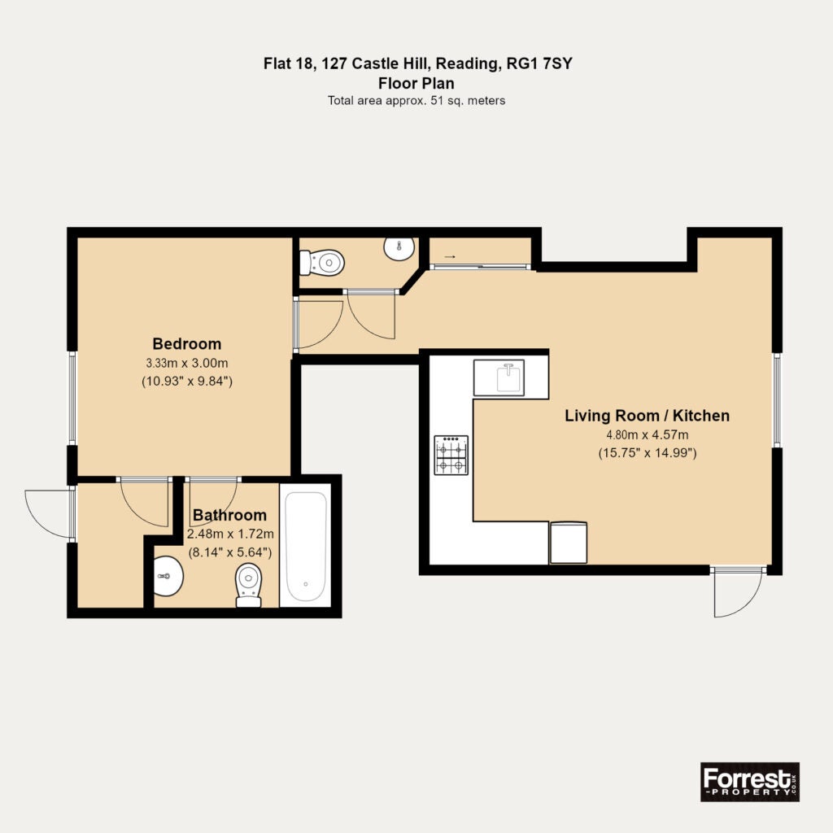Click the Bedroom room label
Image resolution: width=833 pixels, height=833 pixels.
(x=187, y=344)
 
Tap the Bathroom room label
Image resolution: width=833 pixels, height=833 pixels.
(x=229, y=515)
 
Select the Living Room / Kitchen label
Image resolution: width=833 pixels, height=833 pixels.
(x=647, y=416)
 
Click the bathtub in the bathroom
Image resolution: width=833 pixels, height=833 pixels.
(x=306, y=546)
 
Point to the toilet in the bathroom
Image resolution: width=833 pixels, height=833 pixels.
(x=248, y=585)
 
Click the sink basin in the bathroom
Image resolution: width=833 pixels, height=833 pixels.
(x=168, y=576)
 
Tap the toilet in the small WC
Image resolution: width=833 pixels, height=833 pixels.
(x=322, y=263)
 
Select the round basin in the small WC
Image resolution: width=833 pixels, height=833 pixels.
(x=399, y=249)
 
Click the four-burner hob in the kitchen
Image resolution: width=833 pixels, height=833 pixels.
(x=451, y=455)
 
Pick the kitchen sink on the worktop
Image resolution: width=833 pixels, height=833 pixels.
(x=499, y=377)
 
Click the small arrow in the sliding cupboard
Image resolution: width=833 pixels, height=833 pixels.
(x=449, y=256)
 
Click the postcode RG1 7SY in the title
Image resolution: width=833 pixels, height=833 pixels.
(x=540, y=63)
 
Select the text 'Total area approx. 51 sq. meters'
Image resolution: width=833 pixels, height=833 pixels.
(x=416, y=100)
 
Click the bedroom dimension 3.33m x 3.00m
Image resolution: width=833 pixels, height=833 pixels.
(x=187, y=364)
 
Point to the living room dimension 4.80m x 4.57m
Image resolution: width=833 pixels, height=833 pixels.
(x=647, y=434)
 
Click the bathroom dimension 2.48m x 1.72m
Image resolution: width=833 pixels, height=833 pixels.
(x=230, y=534)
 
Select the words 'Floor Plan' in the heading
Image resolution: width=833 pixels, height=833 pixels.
(x=416, y=84)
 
